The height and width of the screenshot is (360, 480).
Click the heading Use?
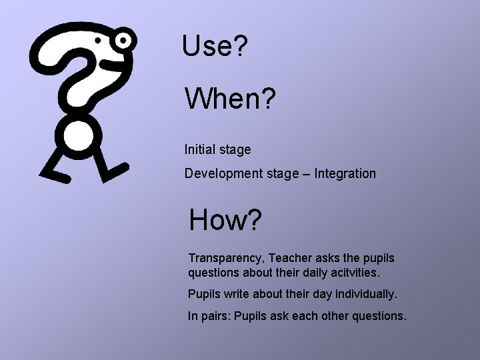click(x=215, y=46)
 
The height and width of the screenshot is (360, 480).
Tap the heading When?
click(x=230, y=99)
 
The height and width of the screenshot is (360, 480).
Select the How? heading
click(x=225, y=220)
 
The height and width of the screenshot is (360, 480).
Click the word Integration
click(x=345, y=174)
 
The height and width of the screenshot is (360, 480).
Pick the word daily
click(x=307, y=272)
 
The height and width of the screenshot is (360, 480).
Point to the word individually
click(x=365, y=294)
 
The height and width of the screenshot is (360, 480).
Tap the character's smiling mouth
click(x=108, y=63)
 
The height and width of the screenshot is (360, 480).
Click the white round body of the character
click(x=78, y=136)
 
